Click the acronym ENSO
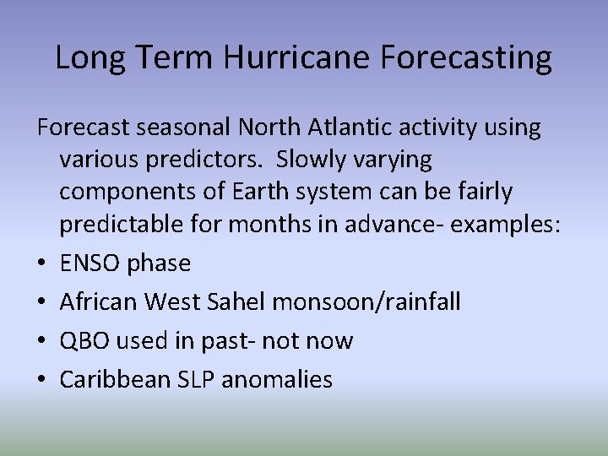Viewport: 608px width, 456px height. (90, 263)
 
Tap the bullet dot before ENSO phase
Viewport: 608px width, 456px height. (42, 264)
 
